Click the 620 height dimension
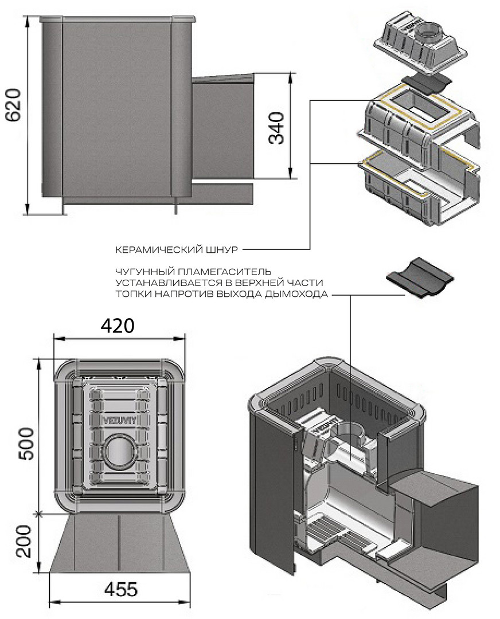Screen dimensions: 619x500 pos(12,106)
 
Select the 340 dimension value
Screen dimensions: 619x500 pos(277,127)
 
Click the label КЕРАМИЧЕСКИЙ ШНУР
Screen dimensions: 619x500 pos(176,249)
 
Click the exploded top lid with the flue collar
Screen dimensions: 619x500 pos(419,45)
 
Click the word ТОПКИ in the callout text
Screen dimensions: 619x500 pos(131,295)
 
